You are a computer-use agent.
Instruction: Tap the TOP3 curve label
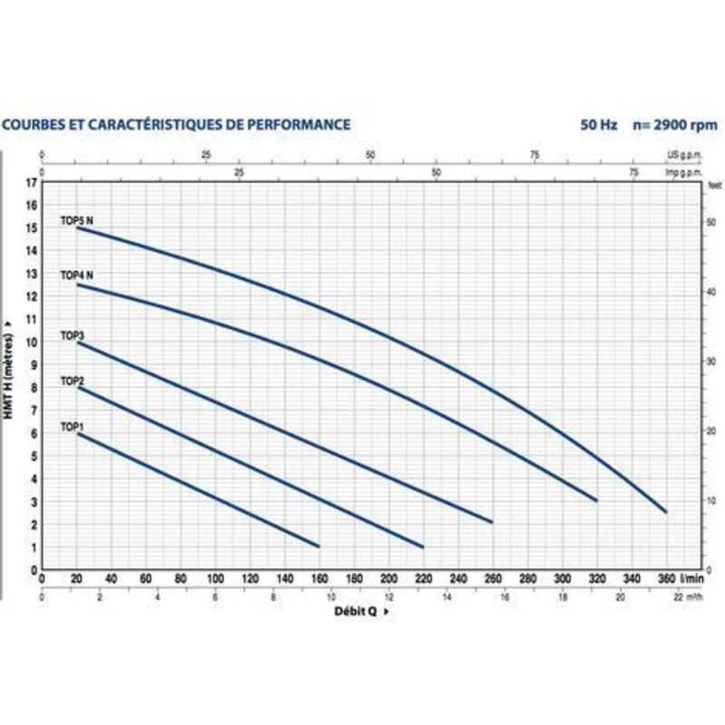(72, 335)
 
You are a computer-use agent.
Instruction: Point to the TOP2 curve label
(72, 382)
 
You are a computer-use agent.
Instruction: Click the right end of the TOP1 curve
(319, 546)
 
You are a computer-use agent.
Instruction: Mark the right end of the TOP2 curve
(423, 546)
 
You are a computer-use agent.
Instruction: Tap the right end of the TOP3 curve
(492, 522)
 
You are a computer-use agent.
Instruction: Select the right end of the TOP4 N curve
(596, 500)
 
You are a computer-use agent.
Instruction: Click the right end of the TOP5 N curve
(666, 512)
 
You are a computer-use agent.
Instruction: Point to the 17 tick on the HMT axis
(33, 182)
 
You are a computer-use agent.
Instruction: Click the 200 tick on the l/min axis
(389, 579)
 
